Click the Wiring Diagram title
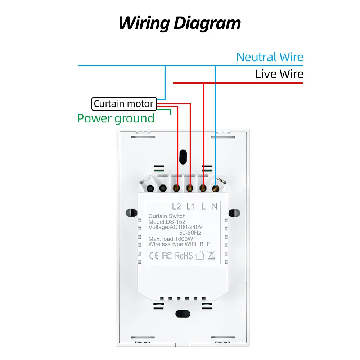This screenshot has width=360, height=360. [x=180, y=23]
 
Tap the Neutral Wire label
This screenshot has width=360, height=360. [x=270, y=57]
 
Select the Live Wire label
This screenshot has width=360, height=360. [x=279, y=74]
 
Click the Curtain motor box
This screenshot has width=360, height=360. [x=124, y=104]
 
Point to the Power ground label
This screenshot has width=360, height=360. [x=116, y=118]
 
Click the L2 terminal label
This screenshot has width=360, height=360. [x=176, y=207]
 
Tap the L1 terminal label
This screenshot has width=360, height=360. [x=190, y=207]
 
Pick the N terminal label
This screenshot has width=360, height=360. [x=215, y=207]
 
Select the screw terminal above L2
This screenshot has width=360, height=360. [x=176, y=188]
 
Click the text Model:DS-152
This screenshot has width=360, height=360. [x=167, y=222]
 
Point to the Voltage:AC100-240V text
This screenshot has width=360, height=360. [x=176, y=227]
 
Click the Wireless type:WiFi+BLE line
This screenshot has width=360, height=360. [x=179, y=244]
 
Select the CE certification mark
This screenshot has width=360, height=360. [x=154, y=256]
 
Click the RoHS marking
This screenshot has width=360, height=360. [x=184, y=256]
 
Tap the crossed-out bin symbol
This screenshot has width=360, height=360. [x=211, y=256]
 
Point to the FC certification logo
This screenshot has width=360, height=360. [x=167, y=256]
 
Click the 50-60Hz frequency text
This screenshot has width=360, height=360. [x=190, y=233]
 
